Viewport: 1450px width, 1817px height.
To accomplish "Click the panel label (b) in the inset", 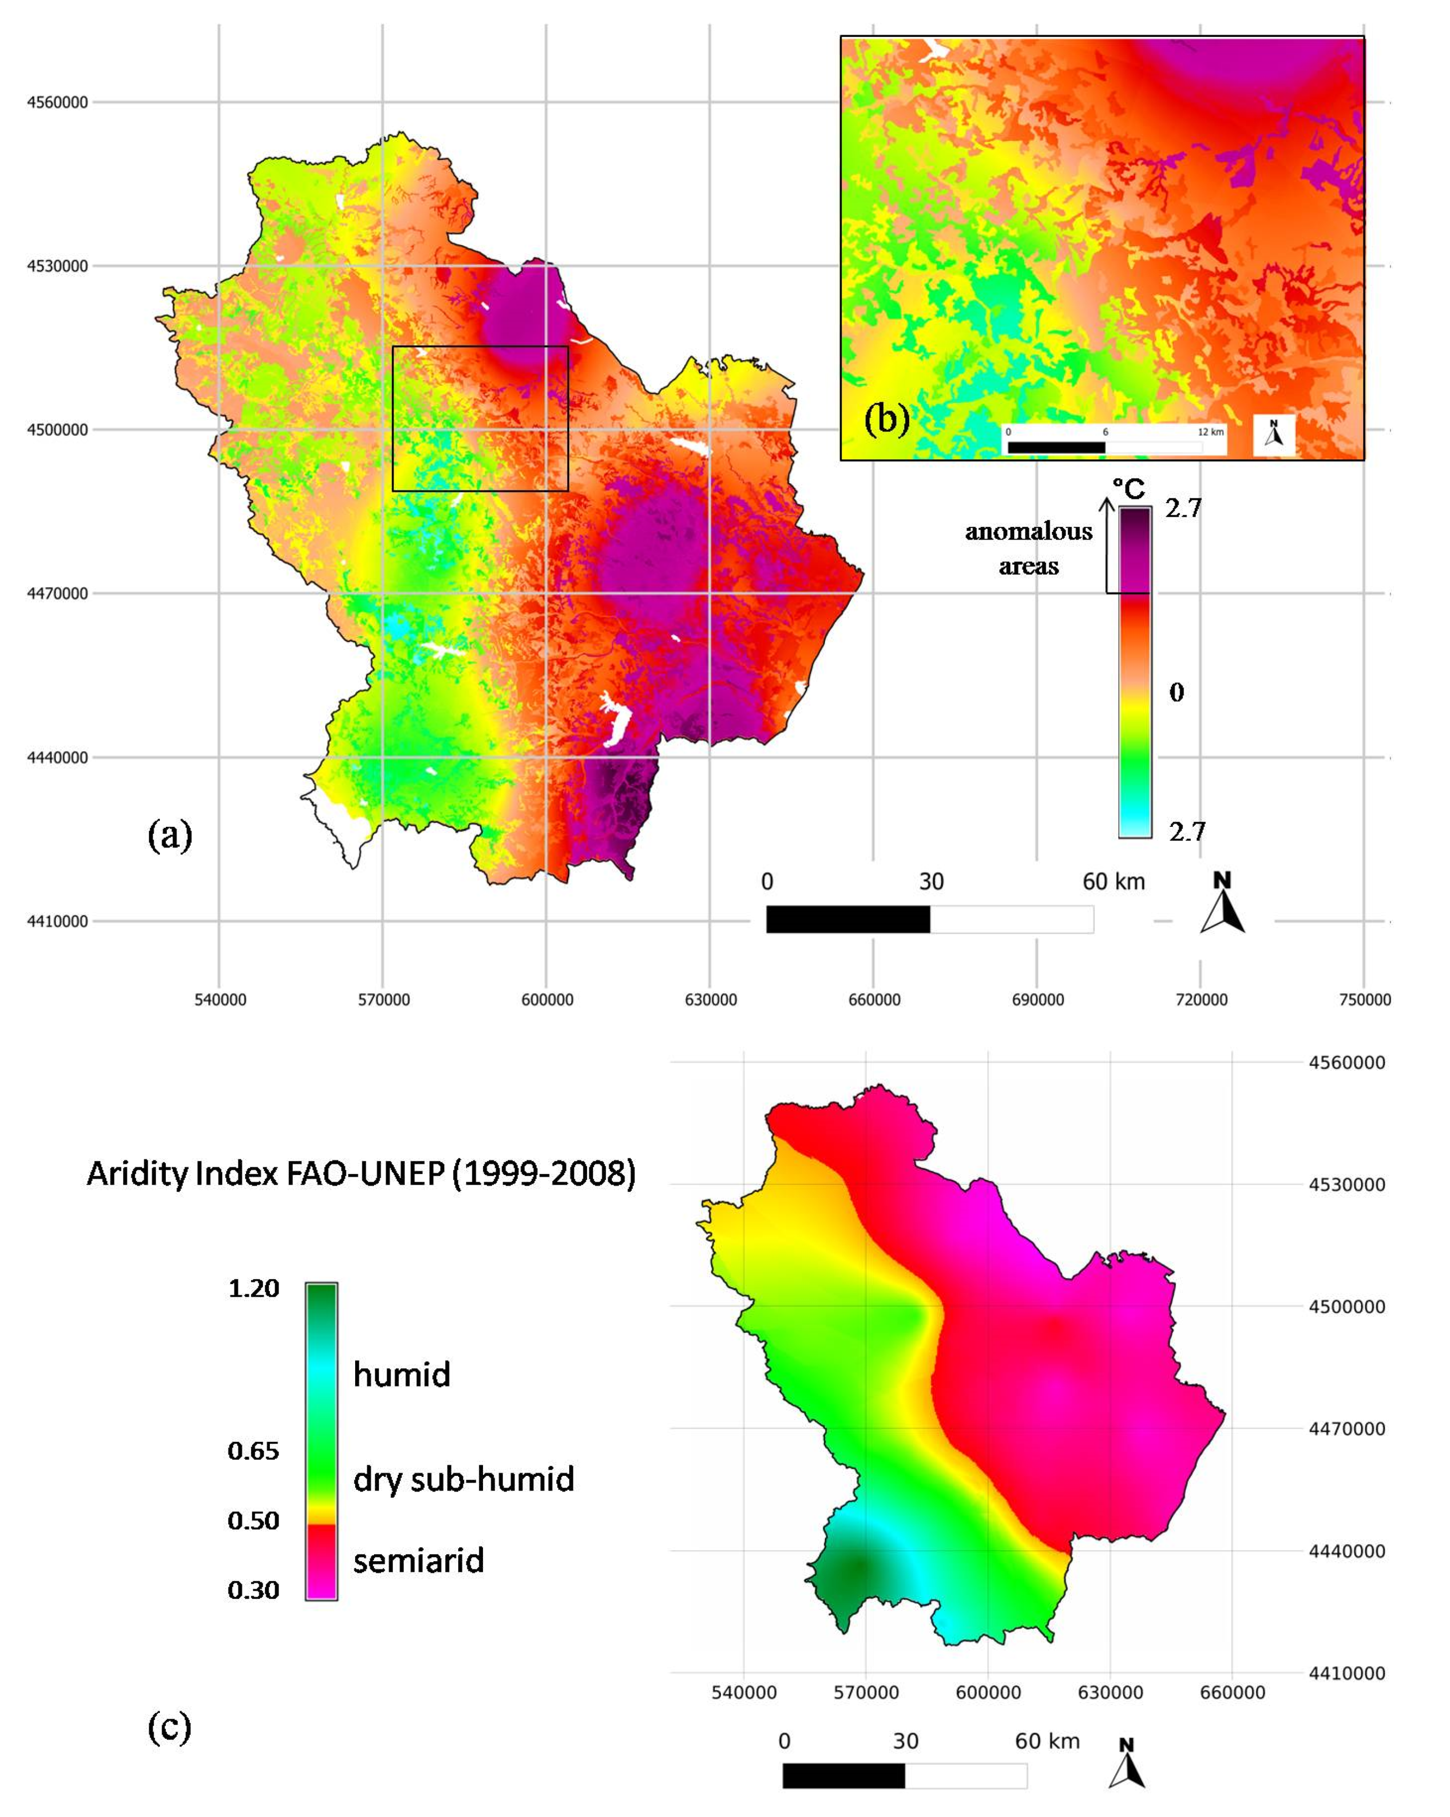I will pyautogui.click(x=886, y=419).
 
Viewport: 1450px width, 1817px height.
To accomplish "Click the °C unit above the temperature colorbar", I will pyautogui.click(x=1129, y=489).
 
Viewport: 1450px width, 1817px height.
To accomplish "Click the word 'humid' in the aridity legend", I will pyautogui.click(x=401, y=1374).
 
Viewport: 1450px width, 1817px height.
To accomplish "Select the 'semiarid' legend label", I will pyautogui.click(x=418, y=1561).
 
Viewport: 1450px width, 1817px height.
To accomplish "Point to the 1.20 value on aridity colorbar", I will pyautogui.click(x=253, y=1289).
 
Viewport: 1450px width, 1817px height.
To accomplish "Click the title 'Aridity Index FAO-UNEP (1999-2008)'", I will pyautogui.click(x=361, y=1173).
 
